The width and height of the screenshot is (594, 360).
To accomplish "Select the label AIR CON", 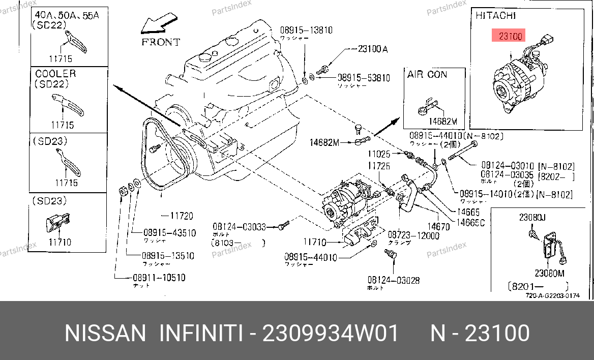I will (427, 74).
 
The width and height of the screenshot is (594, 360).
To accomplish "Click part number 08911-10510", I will (159, 278).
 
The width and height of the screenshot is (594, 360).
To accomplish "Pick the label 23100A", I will (373, 49).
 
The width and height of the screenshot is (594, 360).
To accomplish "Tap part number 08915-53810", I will (364, 78).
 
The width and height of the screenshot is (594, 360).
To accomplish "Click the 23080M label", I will (549, 274).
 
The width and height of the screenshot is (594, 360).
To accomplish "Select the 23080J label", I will (532, 218).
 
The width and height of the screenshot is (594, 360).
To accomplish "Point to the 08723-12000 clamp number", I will (413, 235).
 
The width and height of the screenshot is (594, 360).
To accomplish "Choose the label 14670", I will (438, 227).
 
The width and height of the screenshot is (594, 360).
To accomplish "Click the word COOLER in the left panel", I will (55, 74).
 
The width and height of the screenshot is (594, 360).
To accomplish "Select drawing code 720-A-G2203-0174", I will (552, 296).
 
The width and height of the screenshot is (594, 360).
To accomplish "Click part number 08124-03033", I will (239, 227).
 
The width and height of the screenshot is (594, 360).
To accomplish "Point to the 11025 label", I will (379, 153).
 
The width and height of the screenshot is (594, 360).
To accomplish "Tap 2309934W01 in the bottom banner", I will (330, 334).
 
